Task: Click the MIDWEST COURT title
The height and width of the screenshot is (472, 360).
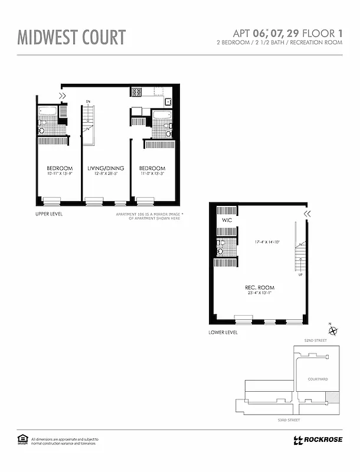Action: click(71, 37)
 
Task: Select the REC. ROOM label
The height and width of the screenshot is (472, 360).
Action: click(260, 288)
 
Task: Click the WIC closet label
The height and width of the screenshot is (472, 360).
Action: click(227, 220)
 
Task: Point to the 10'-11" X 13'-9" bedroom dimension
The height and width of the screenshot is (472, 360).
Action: click(60, 174)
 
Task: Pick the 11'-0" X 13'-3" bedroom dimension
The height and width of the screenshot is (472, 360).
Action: click(152, 174)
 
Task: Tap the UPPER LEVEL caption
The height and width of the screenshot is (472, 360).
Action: click(49, 214)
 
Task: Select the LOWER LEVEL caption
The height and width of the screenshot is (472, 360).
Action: click(223, 333)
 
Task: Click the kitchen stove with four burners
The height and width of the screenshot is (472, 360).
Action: click(136, 92)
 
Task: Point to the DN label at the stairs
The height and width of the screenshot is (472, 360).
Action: click(88, 101)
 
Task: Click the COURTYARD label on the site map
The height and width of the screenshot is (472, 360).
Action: click(318, 379)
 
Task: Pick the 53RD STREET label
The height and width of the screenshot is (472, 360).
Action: click(289, 419)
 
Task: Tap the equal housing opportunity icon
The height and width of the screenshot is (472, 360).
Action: click(23, 439)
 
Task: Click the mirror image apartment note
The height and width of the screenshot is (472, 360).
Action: click(150, 217)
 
